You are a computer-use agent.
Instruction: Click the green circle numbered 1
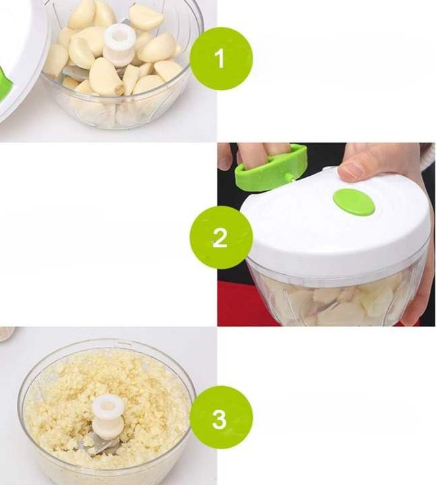221,59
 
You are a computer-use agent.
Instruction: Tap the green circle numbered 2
221,237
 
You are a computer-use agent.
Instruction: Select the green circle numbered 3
221,417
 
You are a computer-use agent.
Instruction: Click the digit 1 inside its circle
220,59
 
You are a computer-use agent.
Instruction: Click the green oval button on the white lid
354,202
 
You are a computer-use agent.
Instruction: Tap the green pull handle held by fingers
271,168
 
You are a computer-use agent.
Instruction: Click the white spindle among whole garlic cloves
119,46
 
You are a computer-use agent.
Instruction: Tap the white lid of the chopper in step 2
336,223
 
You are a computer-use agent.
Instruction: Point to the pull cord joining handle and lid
289,178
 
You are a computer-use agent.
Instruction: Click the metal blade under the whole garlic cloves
76,73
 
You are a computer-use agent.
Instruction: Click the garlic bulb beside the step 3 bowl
6,334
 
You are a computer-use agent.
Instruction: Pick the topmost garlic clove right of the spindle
146,17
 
